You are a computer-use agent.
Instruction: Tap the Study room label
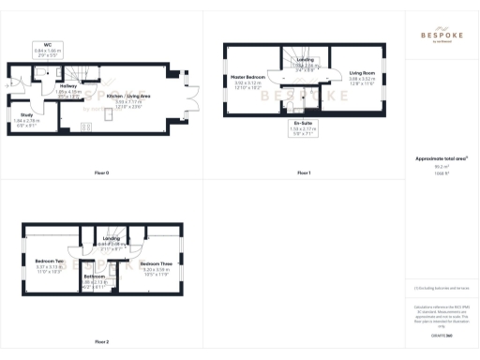(26, 117)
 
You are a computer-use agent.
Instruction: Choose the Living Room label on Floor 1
(363, 76)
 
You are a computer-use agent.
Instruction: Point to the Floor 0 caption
(101, 172)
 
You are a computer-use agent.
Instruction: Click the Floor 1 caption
(304, 172)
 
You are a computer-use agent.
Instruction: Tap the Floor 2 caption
(101, 341)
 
